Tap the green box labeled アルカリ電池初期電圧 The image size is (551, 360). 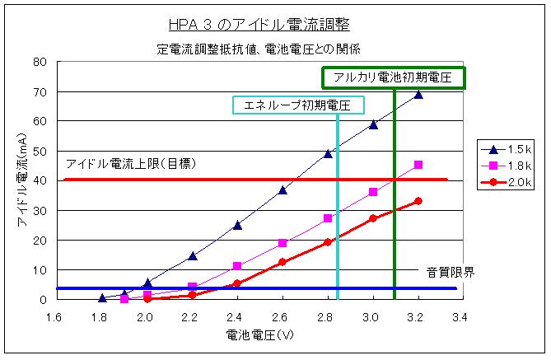pyautogui.click(x=393, y=77)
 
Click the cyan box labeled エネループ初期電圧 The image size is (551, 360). pyautogui.click(x=298, y=105)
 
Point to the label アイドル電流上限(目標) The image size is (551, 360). pyautogui.click(x=129, y=163)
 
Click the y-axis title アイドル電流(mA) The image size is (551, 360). pyautogui.click(x=22, y=180)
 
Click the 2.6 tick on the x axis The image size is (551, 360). pyautogui.click(x=281, y=316)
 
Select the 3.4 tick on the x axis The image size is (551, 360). pyautogui.click(x=460, y=316)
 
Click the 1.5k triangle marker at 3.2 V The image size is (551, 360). pyautogui.click(x=418, y=94)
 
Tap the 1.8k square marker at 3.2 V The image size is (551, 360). pyautogui.click(x=418, y=165)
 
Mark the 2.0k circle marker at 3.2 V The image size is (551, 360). pyautogui.click(x=418, y=201)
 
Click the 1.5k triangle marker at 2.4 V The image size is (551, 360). pyautogui.click(x=237, y=224)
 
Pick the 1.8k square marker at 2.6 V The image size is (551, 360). pyautogui.click(x=283, y=243)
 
